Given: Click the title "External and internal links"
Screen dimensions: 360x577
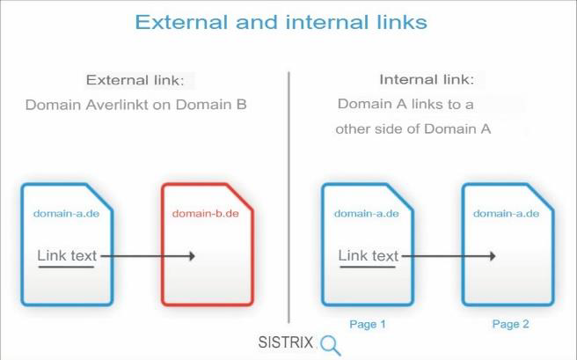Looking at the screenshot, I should (x=281, y=22).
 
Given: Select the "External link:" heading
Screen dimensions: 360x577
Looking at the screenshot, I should (x=135, y=80).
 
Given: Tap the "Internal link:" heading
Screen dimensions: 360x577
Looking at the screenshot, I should (x=427, y=79).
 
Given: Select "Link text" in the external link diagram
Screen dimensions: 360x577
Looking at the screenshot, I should (x=67, y=256).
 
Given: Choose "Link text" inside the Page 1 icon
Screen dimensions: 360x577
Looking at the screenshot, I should (x=369, y=256).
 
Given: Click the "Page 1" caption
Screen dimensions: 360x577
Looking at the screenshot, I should (x=368, y=324).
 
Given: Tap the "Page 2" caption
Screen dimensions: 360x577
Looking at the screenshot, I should (x=510, y=324).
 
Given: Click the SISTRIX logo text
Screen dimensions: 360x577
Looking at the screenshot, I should (x=286, y=342).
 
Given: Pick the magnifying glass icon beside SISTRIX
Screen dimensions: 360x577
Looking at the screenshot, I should (x=330, y=345).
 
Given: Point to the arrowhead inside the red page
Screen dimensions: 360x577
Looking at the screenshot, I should (x=191, y=256).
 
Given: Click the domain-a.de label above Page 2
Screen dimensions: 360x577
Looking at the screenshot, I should (x=506, y=213).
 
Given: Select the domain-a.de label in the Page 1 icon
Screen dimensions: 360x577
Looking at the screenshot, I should (x=367, y=213).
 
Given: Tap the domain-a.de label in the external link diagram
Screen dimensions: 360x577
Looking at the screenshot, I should (x=66, y=213).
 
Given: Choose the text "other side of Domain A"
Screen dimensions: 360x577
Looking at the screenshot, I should (x=413, y=129).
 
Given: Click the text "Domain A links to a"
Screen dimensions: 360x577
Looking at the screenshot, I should (x=405, y=105).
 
